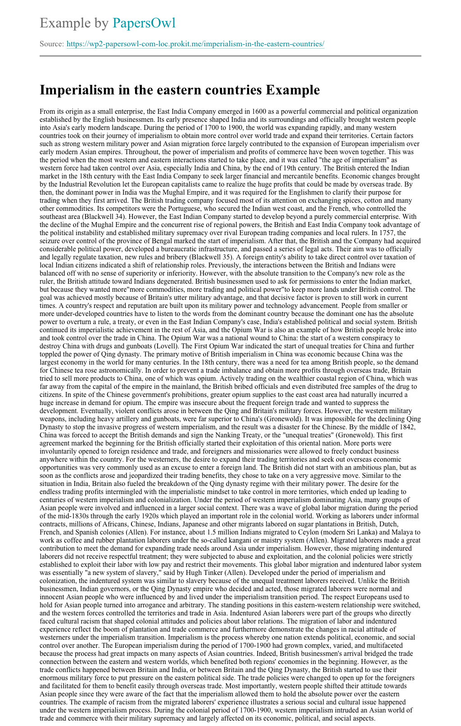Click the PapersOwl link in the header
144,23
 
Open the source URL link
195,44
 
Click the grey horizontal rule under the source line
230,56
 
